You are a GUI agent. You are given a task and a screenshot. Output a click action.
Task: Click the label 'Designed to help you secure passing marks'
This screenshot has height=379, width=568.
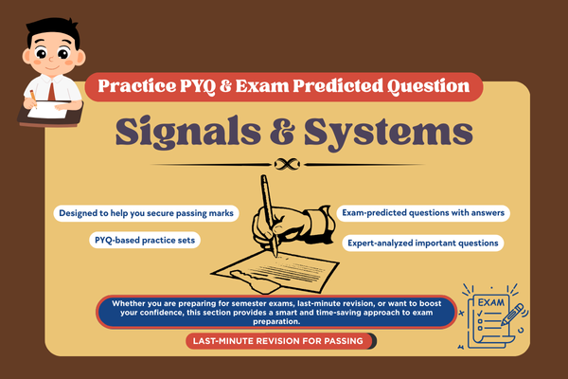pyautogui.click(x=146, y=212)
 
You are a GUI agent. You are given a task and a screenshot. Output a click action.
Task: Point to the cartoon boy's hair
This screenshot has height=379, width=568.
pyautogui.click(x=42, y=21)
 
